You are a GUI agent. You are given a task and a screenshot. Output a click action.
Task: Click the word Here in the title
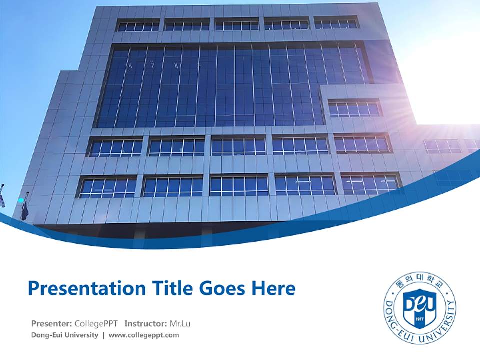pos(273,288)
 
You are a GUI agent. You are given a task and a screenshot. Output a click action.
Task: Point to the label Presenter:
pos(51,323)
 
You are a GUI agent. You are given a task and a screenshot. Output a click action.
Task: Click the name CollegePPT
pos(96,323)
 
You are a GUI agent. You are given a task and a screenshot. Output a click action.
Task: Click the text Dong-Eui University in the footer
pos(64,335)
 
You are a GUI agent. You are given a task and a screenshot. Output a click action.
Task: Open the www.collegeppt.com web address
pos(144,335)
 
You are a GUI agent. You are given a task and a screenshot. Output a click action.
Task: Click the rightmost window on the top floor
pos(336,23)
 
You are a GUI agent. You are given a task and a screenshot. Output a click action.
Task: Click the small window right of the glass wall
pos(354,109)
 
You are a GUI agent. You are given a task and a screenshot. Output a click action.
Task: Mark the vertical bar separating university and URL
pos(103,335)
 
